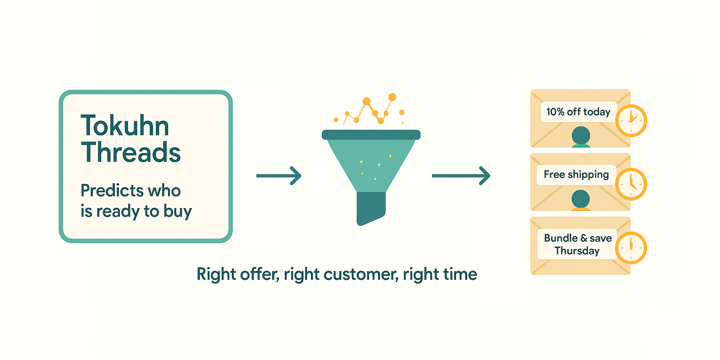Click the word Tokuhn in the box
(125, 126)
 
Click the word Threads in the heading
(131, 152)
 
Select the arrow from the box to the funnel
(279, 176)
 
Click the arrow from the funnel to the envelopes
(461, 176)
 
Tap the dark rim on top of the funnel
(371, 135)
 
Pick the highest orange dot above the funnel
(392, 97)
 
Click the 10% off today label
(578, 112)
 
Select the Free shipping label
(576, 175)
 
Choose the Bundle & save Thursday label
(577, 244)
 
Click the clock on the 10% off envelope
(631, 121)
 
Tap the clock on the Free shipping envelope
(631, 184)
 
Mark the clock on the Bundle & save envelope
(631, 248)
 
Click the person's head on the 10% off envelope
(581, 136)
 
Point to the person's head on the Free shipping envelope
(580, 199)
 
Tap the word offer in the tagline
(260, 274)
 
